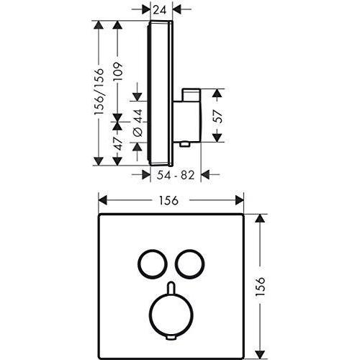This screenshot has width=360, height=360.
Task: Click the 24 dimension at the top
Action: tap(160, 10)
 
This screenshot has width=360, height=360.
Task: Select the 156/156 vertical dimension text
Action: tap(99, 91)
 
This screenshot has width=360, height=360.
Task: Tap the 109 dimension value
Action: tap(118, 72)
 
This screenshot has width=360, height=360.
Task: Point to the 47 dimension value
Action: tap(118, 144)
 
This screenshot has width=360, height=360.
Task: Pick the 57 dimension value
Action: tap(217, 116)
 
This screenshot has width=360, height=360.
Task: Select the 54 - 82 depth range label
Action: tap(176, 176)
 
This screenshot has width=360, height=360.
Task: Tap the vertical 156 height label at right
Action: tap(260, 287)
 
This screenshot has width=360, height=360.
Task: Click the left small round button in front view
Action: tap(138, 264)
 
